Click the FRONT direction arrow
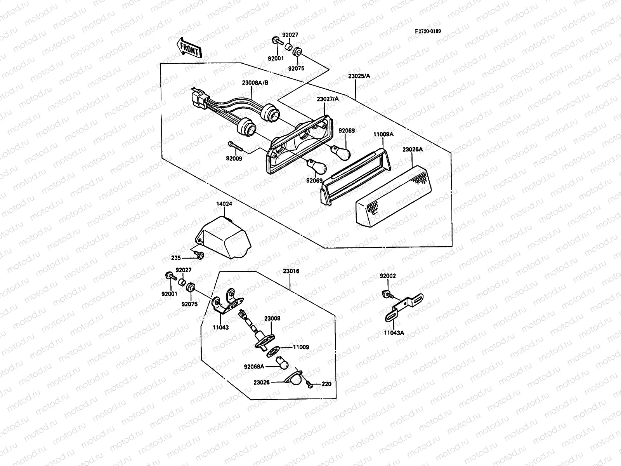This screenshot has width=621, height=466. pos(189,48)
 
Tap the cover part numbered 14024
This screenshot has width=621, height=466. pos(223,237)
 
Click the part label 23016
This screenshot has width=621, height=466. pos(291,271)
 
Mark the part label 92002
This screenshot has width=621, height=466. pos(388,276)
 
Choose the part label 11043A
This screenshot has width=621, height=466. pos(394,333)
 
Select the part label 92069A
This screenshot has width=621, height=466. pos(254,366)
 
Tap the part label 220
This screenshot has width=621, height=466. pos(326,384)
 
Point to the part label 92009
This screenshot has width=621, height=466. pos(234,158)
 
